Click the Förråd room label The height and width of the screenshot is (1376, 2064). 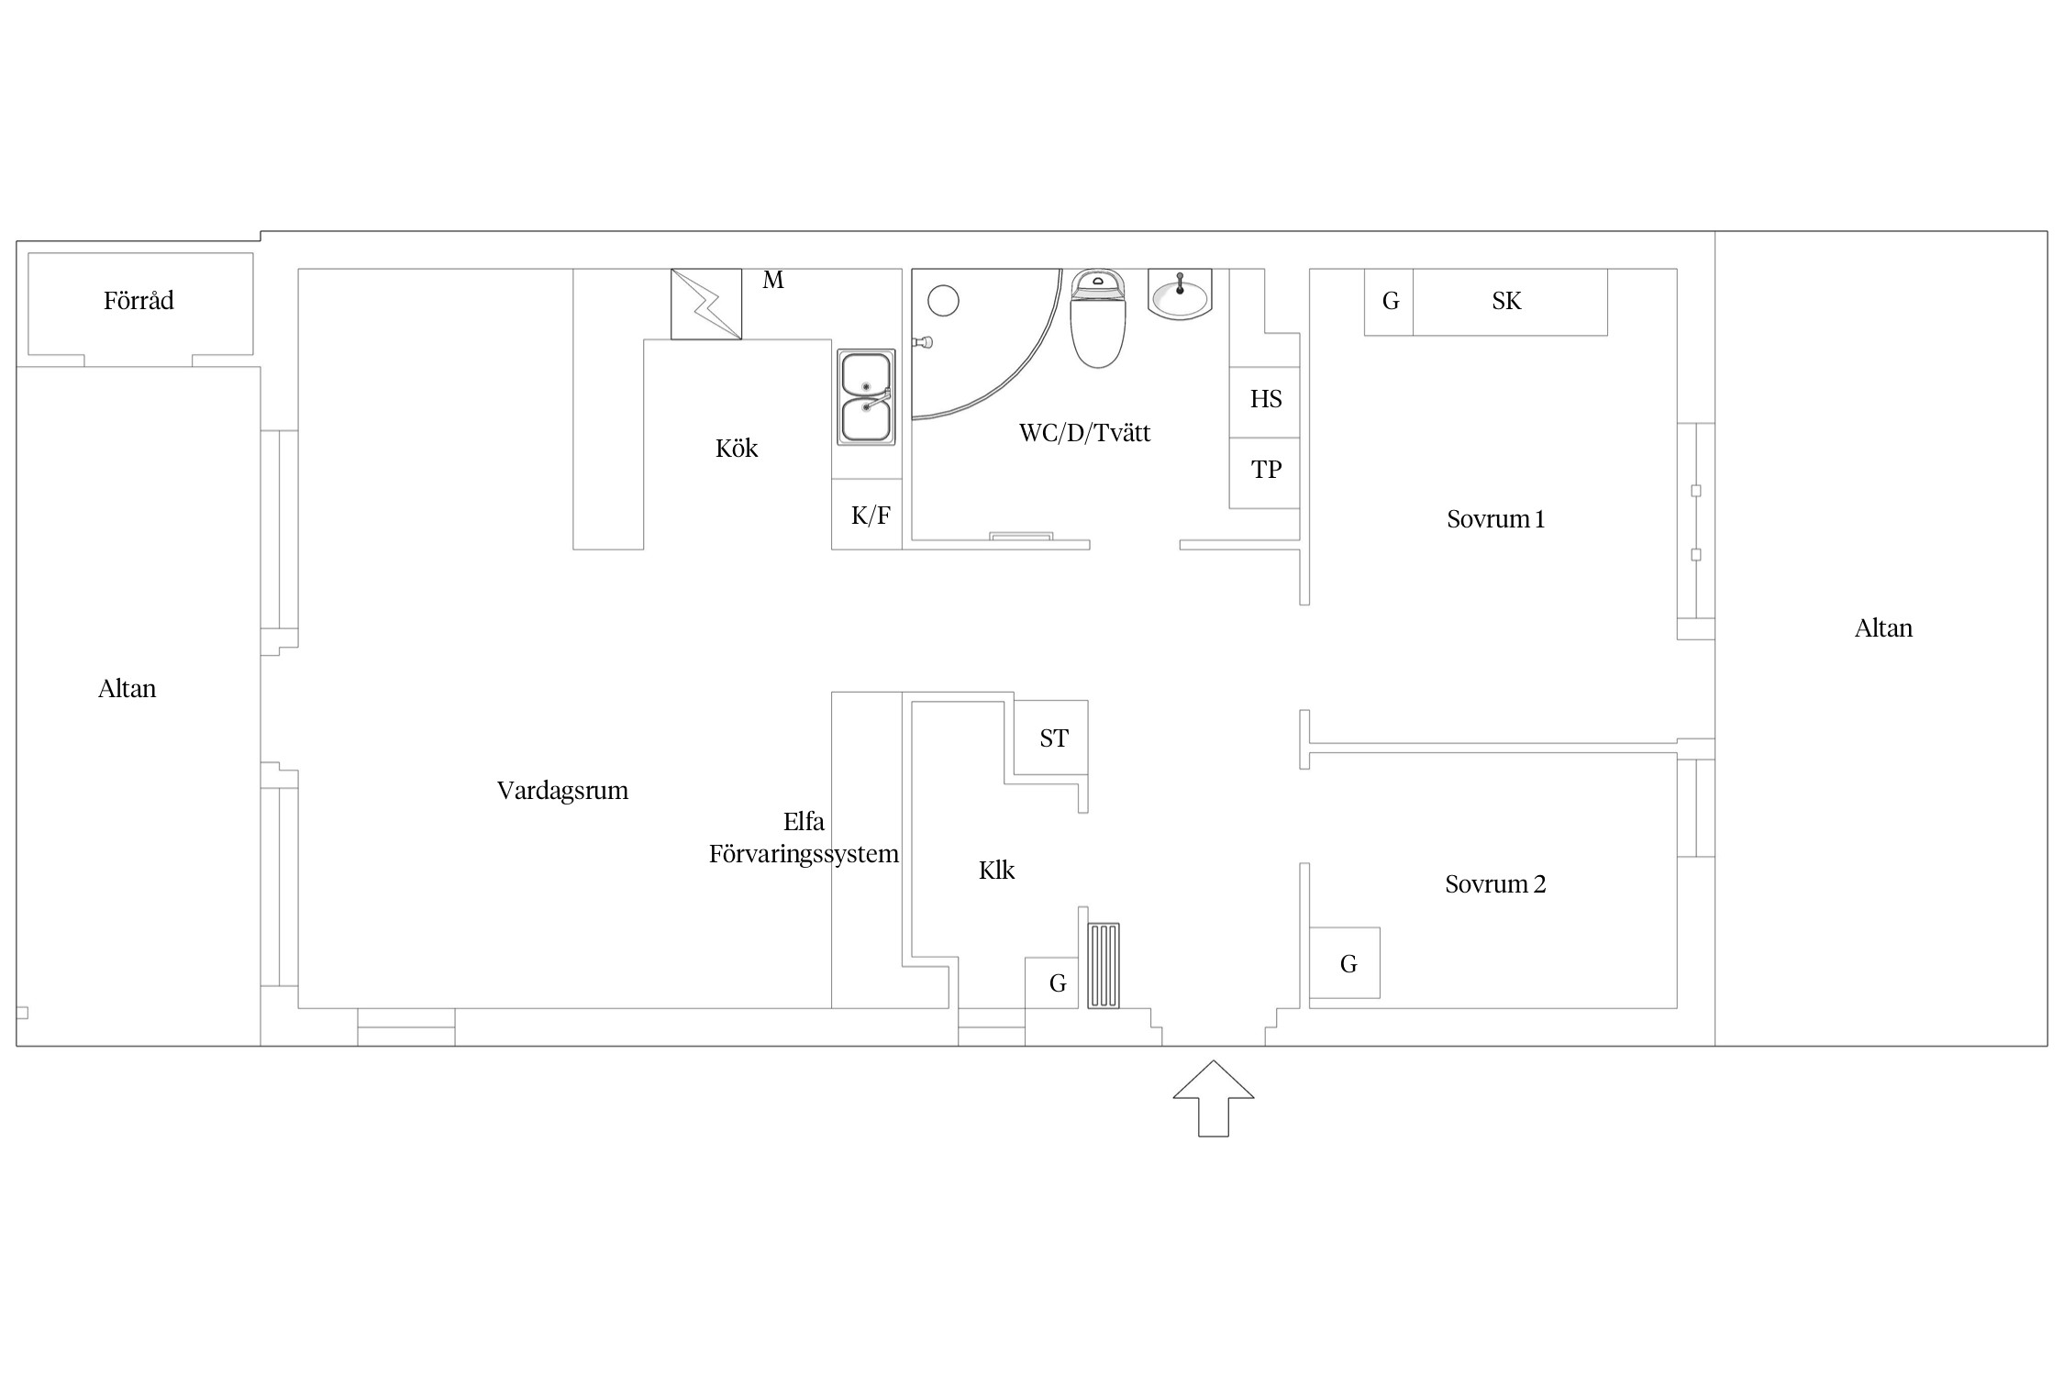click(x=139, y=301)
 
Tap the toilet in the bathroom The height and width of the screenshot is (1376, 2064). click(x=1098, y=318)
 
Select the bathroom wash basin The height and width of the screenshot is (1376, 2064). click(x=1180, y=294)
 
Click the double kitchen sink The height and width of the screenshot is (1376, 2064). click(x=866, y=397)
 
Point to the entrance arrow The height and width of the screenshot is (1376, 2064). click(x=1214, y=1098)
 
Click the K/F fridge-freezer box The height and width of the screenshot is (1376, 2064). click(x=867, y=515)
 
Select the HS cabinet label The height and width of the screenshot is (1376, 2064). click(x=1266, y=399)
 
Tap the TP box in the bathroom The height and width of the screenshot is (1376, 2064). click(x=1265, y=472)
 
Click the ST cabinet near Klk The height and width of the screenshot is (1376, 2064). click(x=1051, y=738)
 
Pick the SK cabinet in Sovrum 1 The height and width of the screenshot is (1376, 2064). click(x=1510, y=302)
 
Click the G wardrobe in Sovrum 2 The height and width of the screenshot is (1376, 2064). click(x=1345, y=963)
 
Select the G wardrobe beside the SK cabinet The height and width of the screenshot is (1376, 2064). click(x=1389, y=302)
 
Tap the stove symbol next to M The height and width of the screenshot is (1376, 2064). click(x=706, y=304)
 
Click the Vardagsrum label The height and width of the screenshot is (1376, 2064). click(x=562, y=791)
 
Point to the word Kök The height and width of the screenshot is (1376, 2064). click(x=737, y=449)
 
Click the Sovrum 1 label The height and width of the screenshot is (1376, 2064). click(x=1495, y=519)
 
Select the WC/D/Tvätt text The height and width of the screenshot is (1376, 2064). click(x=1084, y=433)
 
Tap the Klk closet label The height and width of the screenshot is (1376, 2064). click(x=996, y=871)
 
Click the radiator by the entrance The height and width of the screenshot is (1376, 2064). click(x=1104, y=966)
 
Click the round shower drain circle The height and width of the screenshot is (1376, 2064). click(x=943, y=301)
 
